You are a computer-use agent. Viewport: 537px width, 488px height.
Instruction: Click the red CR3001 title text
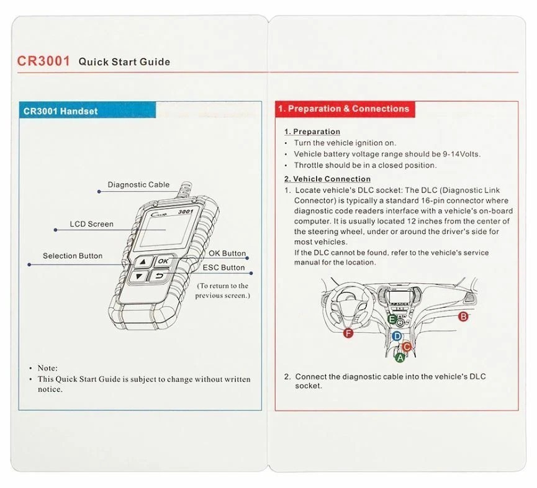point(43,61)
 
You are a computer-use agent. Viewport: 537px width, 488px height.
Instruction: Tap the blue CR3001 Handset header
point(60,111)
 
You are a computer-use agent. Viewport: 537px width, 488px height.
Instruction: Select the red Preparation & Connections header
point(343,109)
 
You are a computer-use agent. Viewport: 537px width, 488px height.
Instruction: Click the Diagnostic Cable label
point(138,184)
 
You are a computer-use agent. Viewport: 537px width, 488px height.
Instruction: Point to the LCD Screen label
point(92,224)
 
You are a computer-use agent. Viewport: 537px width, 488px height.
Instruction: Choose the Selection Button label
point(73,256)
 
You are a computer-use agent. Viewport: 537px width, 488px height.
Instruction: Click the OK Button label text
point(227,254)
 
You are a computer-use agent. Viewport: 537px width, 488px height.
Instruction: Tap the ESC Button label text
point(223,268)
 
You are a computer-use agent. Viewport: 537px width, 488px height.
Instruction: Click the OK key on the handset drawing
point(163,261)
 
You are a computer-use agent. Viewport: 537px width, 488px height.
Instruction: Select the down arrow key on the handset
point(140,277)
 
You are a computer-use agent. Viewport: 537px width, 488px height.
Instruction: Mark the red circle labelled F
point(348,333)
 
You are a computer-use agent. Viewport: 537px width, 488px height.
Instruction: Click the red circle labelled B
point(463,317)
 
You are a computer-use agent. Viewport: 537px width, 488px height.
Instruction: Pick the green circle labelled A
point(400,358)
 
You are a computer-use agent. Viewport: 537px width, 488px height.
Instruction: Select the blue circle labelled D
point(397,336)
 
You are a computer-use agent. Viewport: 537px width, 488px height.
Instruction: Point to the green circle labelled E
point(392,319)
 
